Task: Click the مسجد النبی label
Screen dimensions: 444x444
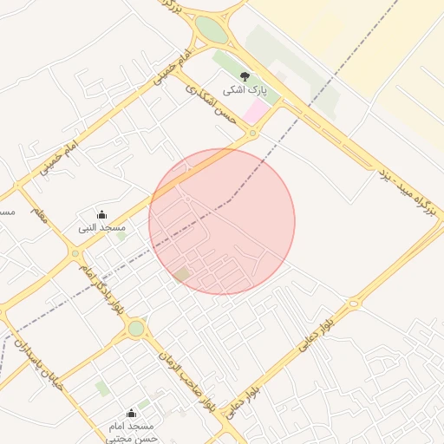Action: click(102, 227)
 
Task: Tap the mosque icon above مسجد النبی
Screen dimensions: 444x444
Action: click(101, 214)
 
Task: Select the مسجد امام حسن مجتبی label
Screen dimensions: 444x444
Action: click(131, 433)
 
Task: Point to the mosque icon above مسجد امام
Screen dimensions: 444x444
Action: click(131, 413)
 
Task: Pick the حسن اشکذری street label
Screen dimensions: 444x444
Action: click(212, 105)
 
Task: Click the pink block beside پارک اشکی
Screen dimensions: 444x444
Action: click(257, 111)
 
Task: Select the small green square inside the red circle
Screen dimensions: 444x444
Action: click(181, 274)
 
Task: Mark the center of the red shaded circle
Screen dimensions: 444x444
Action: click(222, 221)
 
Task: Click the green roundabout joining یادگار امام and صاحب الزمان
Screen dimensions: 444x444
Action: click(136, 329)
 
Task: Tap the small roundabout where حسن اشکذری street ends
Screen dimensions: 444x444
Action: click(252, 134)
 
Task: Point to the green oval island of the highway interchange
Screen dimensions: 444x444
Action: click(212, 30)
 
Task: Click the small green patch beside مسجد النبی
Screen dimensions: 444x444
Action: click(121, 236)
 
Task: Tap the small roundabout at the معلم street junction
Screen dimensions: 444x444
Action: click(75, 253)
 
